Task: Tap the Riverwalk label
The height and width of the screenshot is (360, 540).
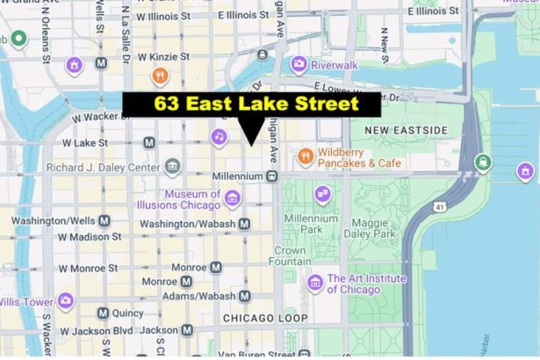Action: click(333, 64)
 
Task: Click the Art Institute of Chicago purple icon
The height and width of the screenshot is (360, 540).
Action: click(315, 283)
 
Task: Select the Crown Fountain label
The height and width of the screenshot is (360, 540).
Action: click(290, 256)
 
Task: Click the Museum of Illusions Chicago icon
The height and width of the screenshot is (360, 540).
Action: click(232, 198)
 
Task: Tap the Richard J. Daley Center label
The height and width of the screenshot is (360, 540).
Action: click(104, 167)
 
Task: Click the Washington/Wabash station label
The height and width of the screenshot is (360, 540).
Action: click(187, 224)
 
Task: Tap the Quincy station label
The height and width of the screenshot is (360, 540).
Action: click(127, 313)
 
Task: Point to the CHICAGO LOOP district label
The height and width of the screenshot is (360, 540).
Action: click(265, 318)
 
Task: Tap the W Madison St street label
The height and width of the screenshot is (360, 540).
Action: click(90, 237)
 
